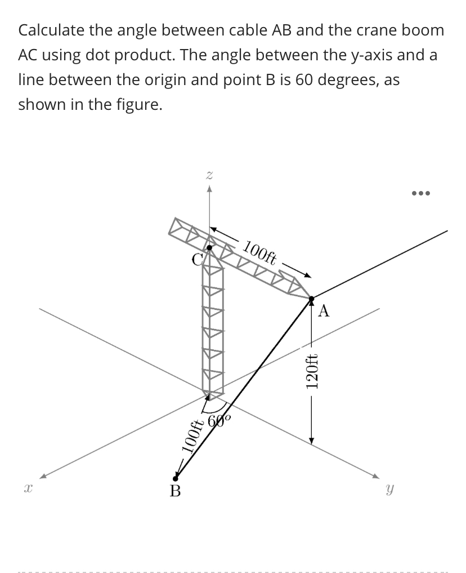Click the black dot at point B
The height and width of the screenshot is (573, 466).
pyautogui.click(x=176, y=478)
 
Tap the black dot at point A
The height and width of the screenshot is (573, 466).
pyautogui.click(x=311, y=298)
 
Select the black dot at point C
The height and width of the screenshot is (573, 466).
pyautogui.click(x=209, y=247)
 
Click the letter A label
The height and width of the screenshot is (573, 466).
pyautogui.click(x=325, y=311)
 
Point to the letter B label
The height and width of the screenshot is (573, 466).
pyautogui.click(x=176, y=492)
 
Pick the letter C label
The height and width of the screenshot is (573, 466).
pyautogui.click(x=196, y=260)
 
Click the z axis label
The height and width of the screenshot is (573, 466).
pyautogui.click(x=209, y=176)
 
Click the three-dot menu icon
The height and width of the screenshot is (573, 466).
pyautogui.click(x=420, y=193)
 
